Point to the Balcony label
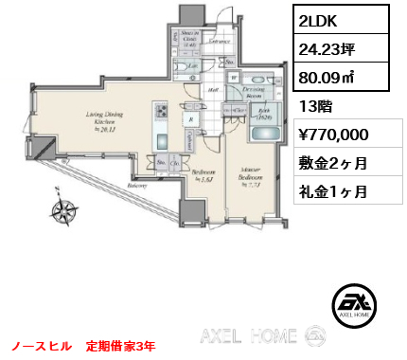click(135, 187)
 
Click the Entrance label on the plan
click(221, 42)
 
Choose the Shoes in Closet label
click(188, 37)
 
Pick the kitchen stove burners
click(161, 118)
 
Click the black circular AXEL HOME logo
click(356, 304)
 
